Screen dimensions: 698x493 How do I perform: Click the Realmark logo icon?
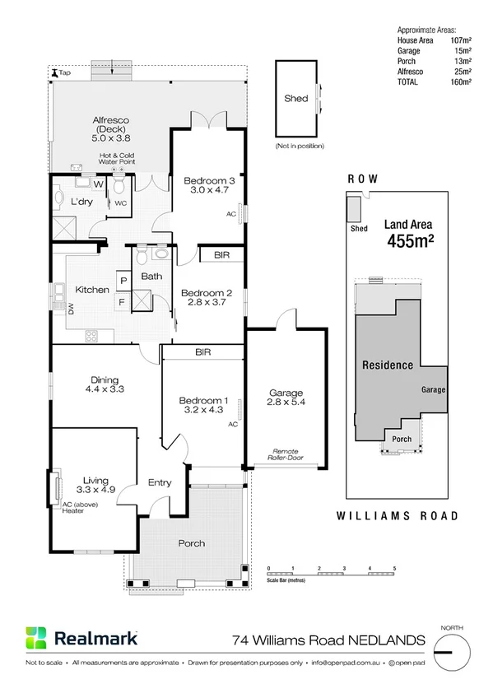point(35,639)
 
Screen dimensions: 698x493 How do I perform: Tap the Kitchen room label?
point(92,290)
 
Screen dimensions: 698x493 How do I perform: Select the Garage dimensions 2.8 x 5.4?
point(286,403)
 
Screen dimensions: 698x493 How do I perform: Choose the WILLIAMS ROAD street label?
point(398,516)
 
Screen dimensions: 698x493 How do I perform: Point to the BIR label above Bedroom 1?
point(203,351)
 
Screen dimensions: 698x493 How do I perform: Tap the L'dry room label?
point(81,202)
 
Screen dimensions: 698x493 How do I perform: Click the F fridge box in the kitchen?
point(123,302)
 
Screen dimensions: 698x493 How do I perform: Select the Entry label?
point(159,482)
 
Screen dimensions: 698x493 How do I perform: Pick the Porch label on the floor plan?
point(191,543)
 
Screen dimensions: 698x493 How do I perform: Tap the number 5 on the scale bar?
point(394,569)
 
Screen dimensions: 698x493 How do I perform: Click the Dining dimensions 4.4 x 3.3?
point(105,390)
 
